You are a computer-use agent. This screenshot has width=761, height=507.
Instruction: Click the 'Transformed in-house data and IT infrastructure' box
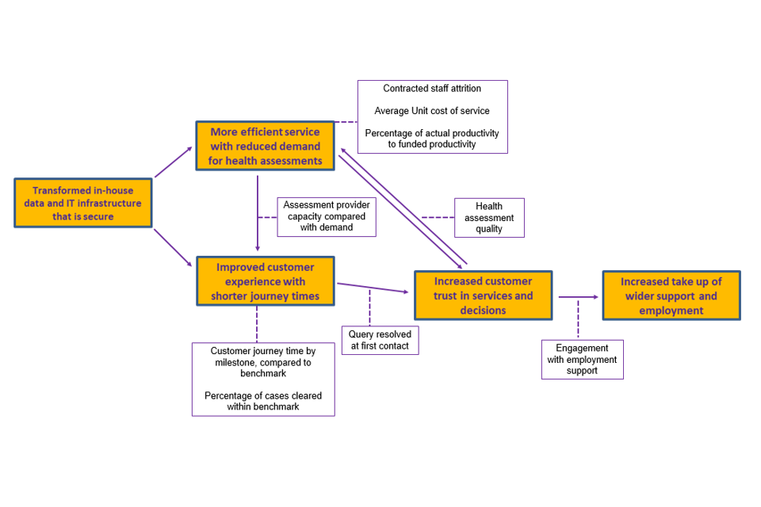83,203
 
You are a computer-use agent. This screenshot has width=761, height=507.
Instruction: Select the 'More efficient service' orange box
266,146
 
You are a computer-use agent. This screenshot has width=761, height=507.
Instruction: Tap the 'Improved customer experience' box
266,281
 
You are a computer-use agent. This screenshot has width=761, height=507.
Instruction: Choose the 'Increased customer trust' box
483,295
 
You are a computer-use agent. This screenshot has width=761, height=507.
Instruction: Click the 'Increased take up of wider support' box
671,295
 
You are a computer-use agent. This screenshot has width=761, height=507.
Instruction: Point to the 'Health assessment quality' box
489,218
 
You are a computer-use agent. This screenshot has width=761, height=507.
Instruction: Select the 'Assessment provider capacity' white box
327,216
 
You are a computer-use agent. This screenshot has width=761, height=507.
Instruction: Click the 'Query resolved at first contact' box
380,340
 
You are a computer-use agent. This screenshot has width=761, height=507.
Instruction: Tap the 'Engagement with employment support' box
582,359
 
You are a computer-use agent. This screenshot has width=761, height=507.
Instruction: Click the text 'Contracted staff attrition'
432,89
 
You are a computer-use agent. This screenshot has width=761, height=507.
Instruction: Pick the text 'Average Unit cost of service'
432,111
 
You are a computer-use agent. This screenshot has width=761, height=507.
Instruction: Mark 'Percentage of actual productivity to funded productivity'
432,139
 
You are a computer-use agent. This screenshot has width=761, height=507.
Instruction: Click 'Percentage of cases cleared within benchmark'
263,401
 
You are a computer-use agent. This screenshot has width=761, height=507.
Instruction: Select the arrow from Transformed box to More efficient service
173,162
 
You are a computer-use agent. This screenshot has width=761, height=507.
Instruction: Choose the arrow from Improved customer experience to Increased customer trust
373,288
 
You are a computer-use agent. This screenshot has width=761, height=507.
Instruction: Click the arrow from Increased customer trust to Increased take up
578,297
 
